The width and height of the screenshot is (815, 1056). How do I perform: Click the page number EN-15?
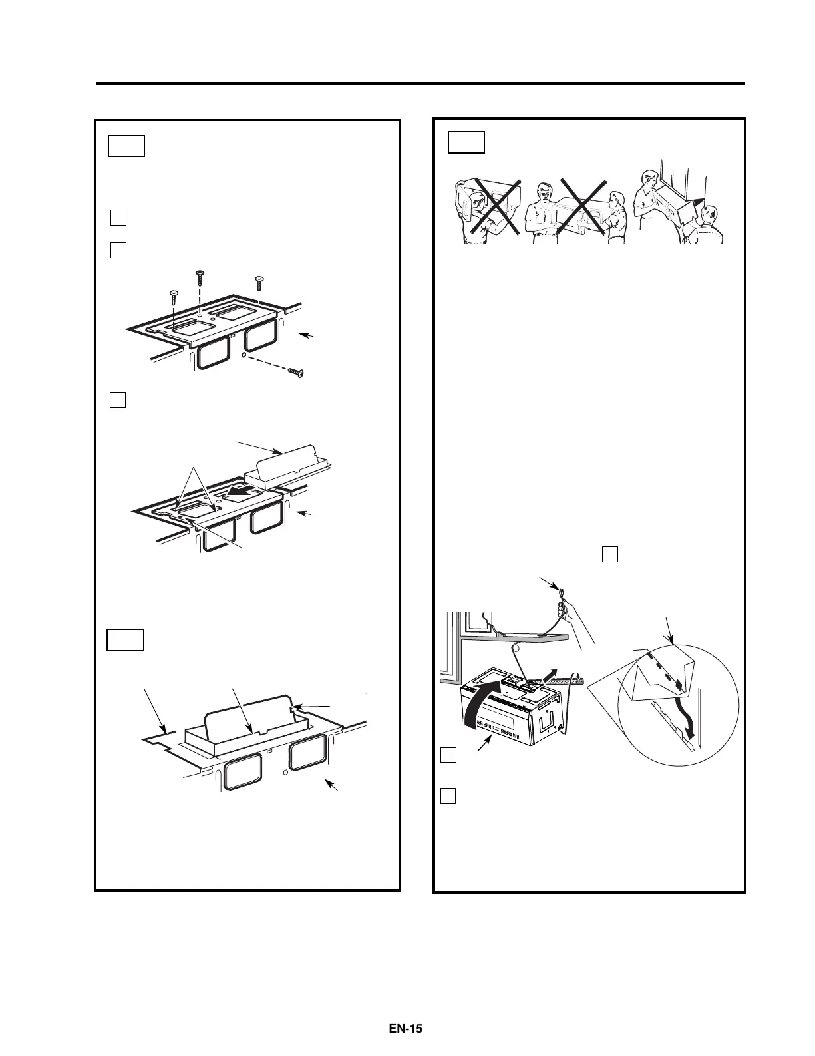click(406, 1028)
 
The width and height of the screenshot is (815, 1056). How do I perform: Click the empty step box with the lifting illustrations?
click(466, 142)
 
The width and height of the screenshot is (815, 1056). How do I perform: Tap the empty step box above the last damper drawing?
click(126, 639)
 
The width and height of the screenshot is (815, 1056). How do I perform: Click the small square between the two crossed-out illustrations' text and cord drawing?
click(610, 554)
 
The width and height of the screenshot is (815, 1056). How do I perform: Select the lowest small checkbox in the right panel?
click(448, 795)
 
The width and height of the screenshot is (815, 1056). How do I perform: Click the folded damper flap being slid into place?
click(286, 463)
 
